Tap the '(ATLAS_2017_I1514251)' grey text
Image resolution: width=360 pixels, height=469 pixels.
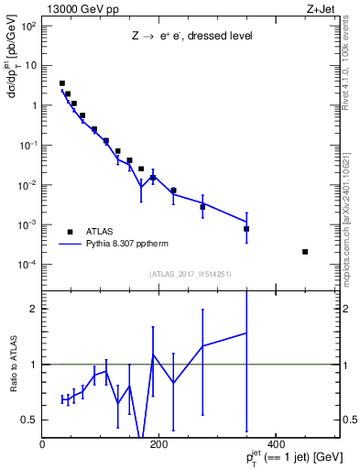(x=190, y=273)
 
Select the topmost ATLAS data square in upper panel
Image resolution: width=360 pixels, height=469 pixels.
(x=62, y=83)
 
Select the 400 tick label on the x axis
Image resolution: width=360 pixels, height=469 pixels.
(x=276, y=442)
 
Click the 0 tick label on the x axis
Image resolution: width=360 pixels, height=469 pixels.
(x=43, y=442)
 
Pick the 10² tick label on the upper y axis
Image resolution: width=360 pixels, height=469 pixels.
(x=27, y=26)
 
